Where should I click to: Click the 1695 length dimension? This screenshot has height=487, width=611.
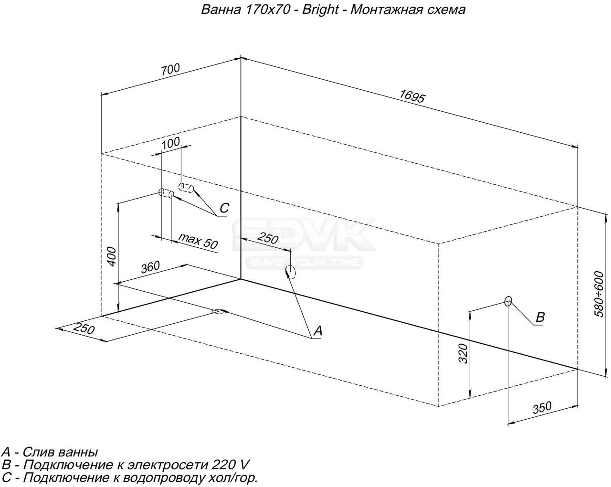[412, 96]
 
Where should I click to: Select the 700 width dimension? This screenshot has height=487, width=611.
[170, 69]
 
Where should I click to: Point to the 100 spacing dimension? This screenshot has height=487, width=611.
[170, 143]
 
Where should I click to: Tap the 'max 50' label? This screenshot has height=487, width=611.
[199, 241]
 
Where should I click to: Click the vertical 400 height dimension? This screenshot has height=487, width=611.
[112, 257]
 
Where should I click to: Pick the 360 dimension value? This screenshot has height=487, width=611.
[150, 267]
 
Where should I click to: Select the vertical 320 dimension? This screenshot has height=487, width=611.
[463, 353]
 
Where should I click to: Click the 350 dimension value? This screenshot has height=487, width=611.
[542, 408]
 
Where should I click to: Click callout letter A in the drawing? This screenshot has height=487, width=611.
[318, 331]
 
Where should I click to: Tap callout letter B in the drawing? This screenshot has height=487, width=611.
[540, 317]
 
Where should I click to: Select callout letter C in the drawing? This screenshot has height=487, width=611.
[224, 208]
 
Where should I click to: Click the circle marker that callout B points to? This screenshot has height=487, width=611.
[508, 301]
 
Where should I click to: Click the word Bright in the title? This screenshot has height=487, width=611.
[320, 10]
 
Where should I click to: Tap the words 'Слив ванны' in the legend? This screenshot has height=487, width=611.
[60, 452]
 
